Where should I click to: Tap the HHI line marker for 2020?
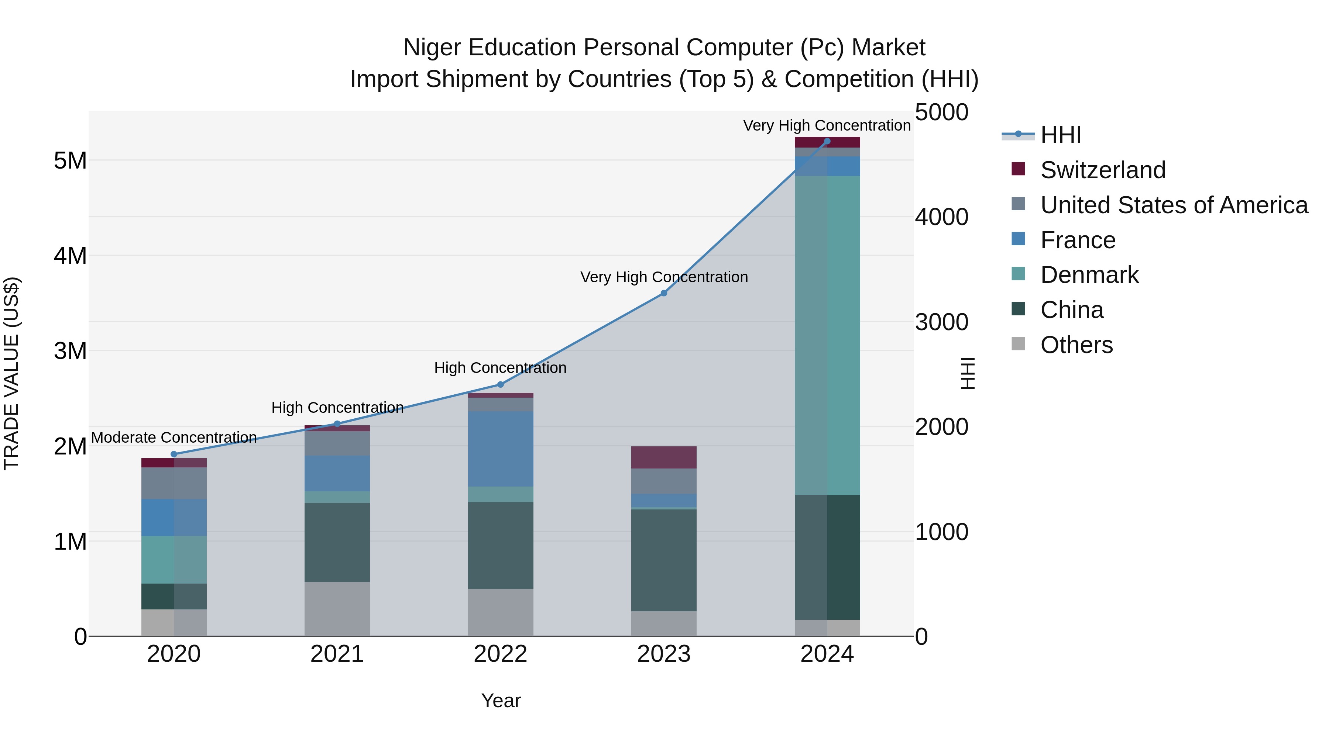pos(174,454)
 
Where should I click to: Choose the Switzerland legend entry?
pos(1102,170)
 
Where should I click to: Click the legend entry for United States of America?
pos(1174,205)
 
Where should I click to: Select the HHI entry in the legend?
pos(1060,135)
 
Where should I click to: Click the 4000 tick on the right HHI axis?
pos(941,217)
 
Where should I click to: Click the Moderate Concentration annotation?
pos(174,438)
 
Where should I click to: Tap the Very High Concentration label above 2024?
pos(827,125)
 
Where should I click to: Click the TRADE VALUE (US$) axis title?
pos(11,373)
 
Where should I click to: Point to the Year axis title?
pos(501,701)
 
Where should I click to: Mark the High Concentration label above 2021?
pos(337,408)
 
